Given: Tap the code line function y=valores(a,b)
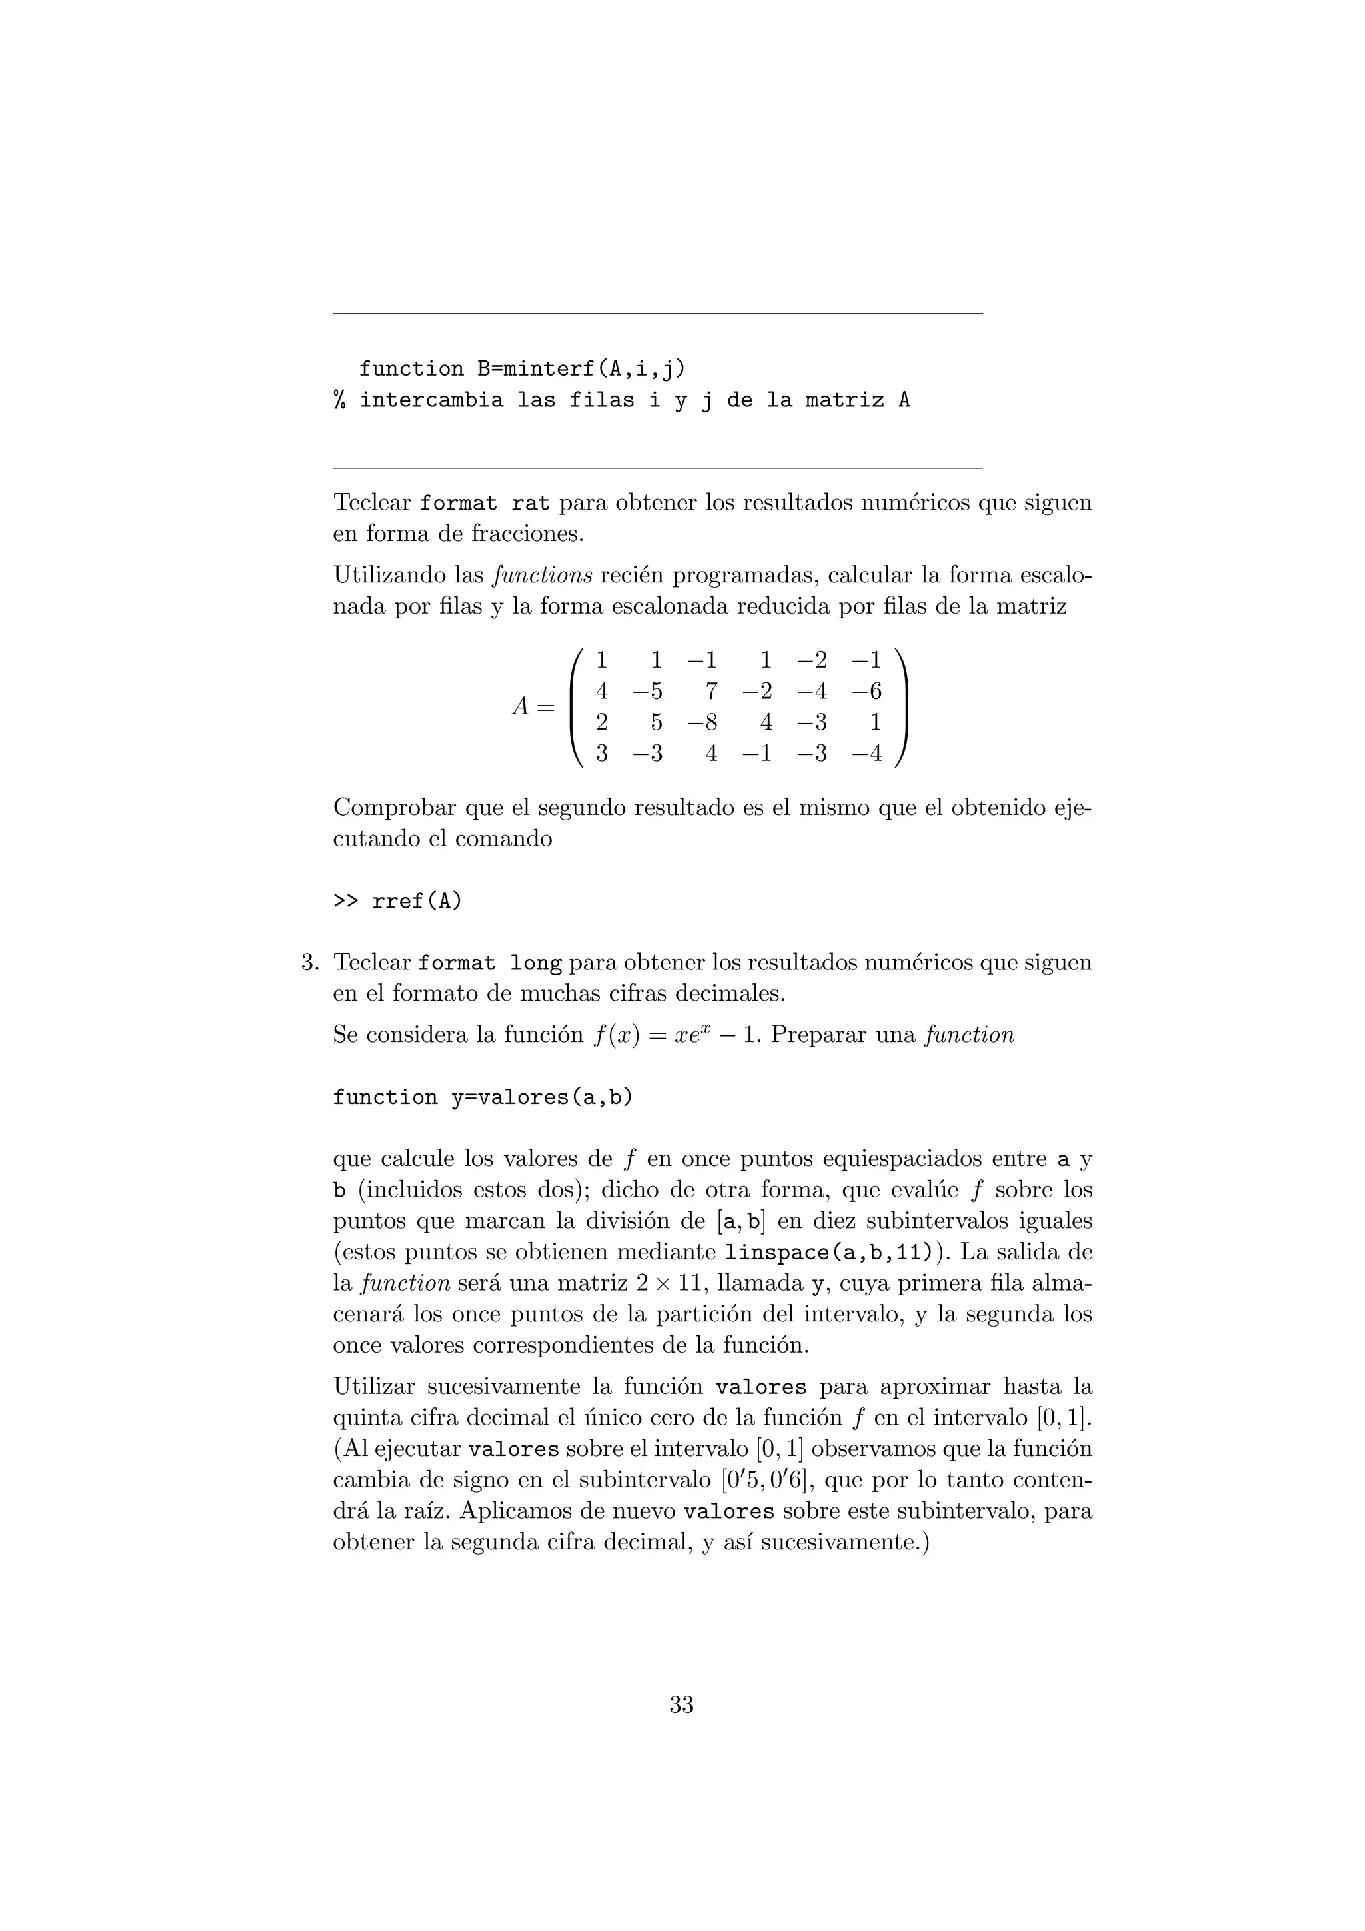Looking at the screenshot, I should point(482,1097).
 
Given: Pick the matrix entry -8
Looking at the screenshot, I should point(702,722).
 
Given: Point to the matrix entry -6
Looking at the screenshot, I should point(866,692).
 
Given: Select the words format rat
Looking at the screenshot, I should point(485,504).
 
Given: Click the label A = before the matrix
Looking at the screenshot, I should point(533,708).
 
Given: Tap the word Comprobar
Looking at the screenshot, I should point(395,808).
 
